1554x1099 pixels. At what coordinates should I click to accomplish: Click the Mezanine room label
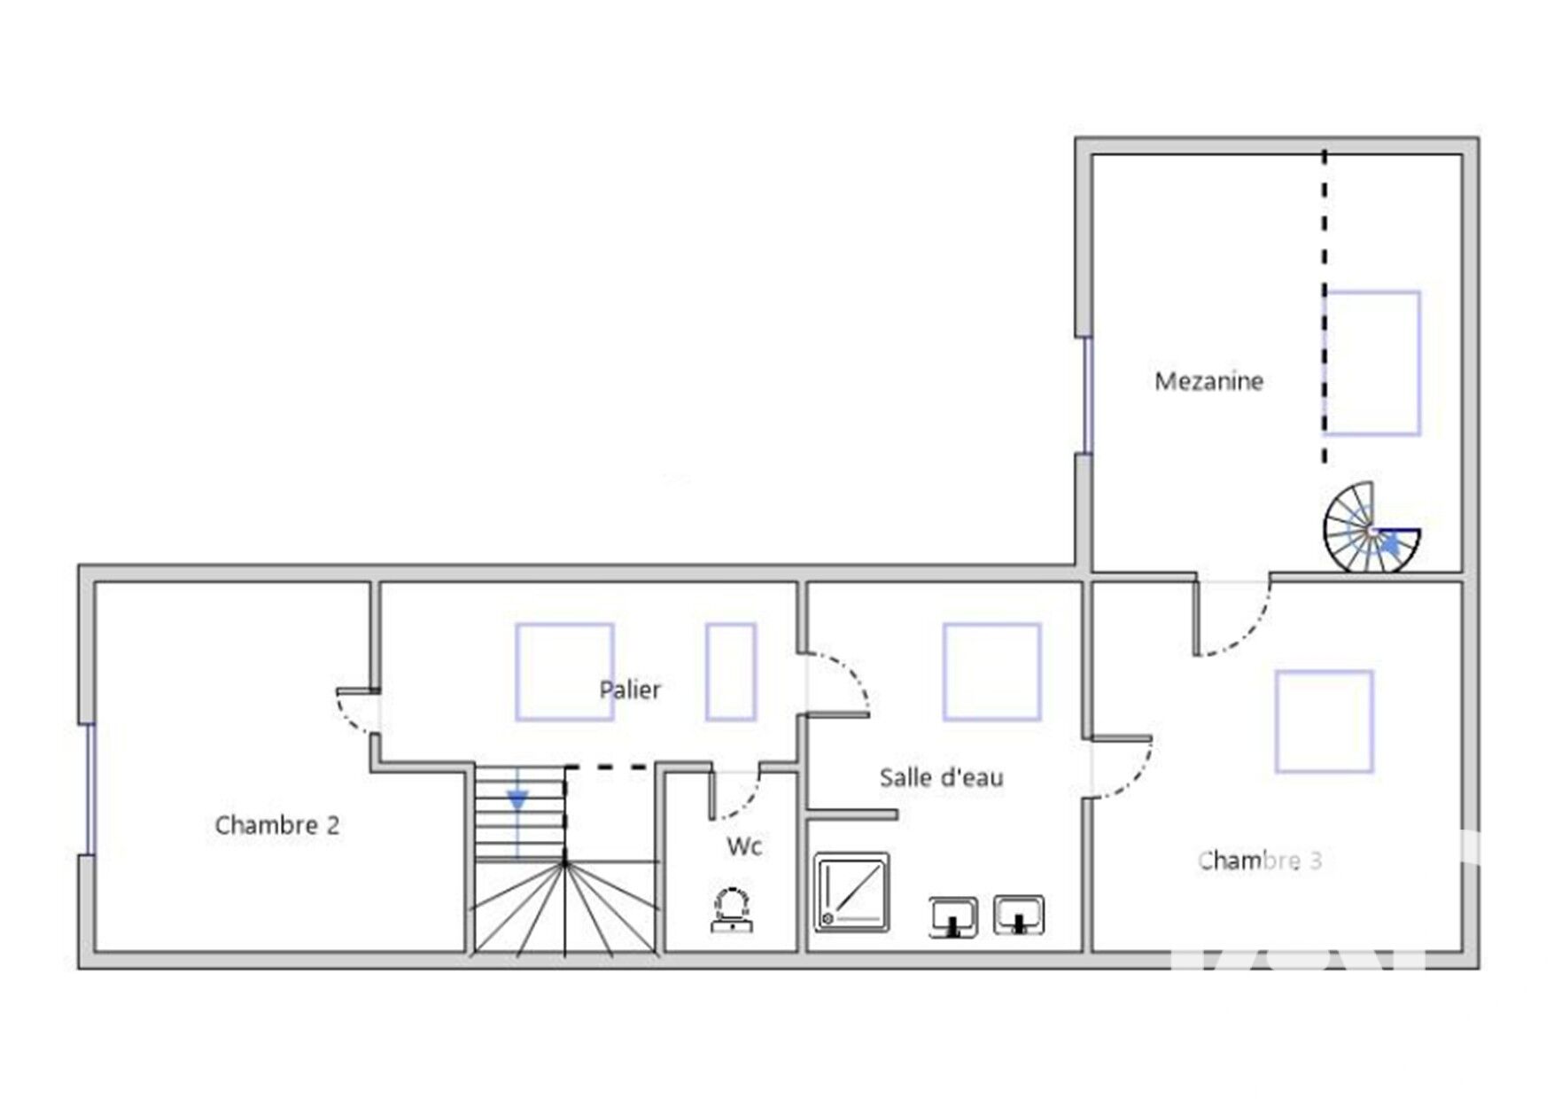pos(1208,381)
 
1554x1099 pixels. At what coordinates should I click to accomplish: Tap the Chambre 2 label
pos(277,825)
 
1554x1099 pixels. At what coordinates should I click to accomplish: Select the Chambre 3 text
pos(1260,861)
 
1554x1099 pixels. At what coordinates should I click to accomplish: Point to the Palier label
pos(630,690)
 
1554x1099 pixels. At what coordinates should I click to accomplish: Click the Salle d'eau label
pos(942,777)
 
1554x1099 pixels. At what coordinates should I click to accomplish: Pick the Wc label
pos(744,846)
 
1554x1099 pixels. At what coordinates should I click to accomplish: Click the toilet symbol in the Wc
pos(733,909)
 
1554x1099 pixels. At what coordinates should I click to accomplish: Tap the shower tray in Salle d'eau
pos(851,892)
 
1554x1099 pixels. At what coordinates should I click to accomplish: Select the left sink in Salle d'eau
pos(953,917)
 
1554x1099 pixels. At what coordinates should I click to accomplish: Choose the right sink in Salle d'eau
pos(1019,915)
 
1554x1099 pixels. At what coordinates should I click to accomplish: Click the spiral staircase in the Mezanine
pos(1372,529)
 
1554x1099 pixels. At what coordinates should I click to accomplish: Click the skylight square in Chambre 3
pos(1325,721)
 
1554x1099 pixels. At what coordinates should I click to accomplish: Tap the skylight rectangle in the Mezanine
pos(1373,363)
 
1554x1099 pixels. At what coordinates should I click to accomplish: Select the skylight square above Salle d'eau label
pos(991,672)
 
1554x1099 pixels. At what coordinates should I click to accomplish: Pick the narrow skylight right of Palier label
pos(731,672)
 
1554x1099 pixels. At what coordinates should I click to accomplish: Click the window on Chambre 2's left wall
pos(89,790)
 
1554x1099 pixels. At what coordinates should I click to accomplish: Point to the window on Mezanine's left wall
pos(1087,395)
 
